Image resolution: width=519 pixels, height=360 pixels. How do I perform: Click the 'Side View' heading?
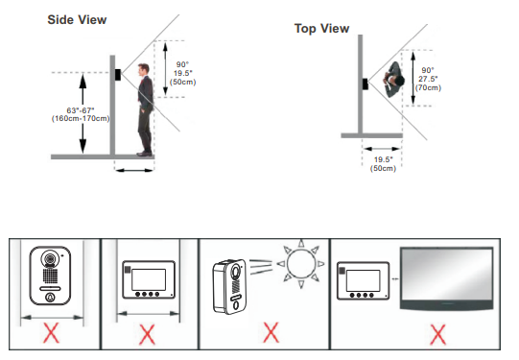pyautogui.click(x=77, y=20)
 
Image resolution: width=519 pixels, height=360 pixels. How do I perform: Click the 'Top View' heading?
pyautogui.click(x=321, y=29)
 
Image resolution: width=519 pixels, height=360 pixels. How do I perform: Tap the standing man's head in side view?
pyautogui.click(x=144, y=69)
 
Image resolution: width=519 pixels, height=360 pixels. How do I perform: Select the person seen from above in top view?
pyautogui.click(x=394, y=80)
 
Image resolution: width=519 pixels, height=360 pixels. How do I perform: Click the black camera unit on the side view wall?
pyautogui.click(x=117, y=75)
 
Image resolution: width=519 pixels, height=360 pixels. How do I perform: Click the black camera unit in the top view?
pyautogui.click(x=366, y=84)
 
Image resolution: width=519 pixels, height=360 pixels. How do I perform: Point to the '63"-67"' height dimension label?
pyautogui.click(x=81, y=110)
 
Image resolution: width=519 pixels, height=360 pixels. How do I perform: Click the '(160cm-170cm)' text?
pyautogui.click(x=81, y=119)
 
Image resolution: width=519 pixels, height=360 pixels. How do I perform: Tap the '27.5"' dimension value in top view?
pyautogui.click(x=428, y=79)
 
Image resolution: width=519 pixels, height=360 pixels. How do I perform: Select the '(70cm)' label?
pyautogui.click(x=428, y=87)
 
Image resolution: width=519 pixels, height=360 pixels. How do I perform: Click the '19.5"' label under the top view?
pyautogui.click(x=383, y=159)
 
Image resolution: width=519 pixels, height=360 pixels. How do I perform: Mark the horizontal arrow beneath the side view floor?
pyautogui.click(x=134, y=170)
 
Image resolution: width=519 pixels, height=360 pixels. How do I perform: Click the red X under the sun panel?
pyautogui.click(x=271, y=332)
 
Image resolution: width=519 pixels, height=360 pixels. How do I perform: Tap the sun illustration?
pyautogui.click(x=300, y=264)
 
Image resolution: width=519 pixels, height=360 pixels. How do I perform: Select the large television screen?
pyautogui.click(x=446, y=278)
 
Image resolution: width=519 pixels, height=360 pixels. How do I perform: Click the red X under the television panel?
pyautogui.click(x=437, y=334)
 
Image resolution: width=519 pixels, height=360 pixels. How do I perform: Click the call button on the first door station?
pyautogui.click(x=50, y=298)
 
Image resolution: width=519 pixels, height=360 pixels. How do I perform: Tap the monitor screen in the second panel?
pyautogui.click(x=149, y=280)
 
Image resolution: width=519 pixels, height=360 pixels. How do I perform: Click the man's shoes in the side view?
pyautogui.click(x=145, y=154)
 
